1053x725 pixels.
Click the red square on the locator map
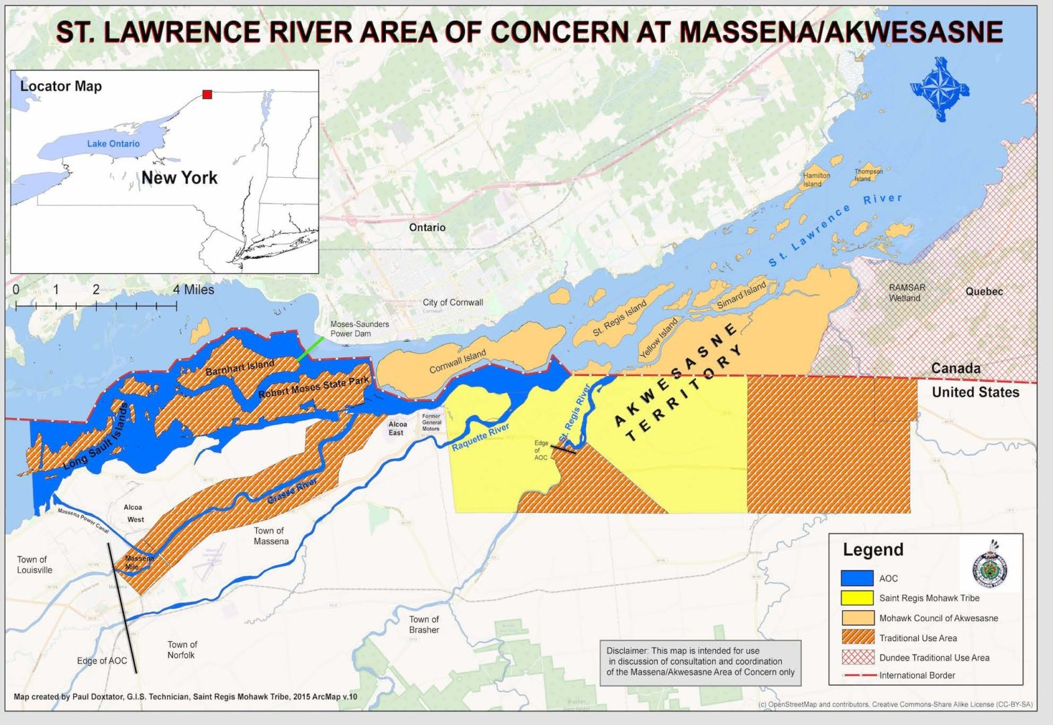pyautogui.click(x=207, y=95)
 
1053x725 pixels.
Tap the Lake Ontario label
pyautogui.click(x=113, y=144)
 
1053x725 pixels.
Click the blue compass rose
pyautogui.click(x=940, y=89)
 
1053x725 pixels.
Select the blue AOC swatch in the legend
pyautogui.click(x=857, y=578)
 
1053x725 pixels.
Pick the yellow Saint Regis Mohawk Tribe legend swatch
pyautogui.click(x=857, y=597)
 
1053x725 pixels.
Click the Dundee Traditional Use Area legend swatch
pyautogui.click(x=857, y=657)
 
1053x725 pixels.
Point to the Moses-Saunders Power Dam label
pyautogui.click(x=359, y=328)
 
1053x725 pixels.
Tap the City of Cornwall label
pyautogui.click(x=452, y=302)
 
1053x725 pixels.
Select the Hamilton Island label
pyautogui.click(x=816, y=179)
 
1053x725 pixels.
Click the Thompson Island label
pyautogui.click(x=868, y=175)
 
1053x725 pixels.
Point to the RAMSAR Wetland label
pyautogui.click(x=907, y=292)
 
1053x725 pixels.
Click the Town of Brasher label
pyautogui.click(x=424, y=624)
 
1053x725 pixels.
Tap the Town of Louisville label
pyautogui.click(x=34, y=565)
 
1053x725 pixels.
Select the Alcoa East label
pyautogui.click(x=397, y=428)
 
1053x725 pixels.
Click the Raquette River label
pyautogui.click(x=480, y=437)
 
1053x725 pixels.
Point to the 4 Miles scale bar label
pyautogui.click(x=193, y=289)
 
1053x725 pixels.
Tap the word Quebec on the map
pyautogui.click(x=984, y=291)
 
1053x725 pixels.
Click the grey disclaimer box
pyautogui.click(x=700, y=661)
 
